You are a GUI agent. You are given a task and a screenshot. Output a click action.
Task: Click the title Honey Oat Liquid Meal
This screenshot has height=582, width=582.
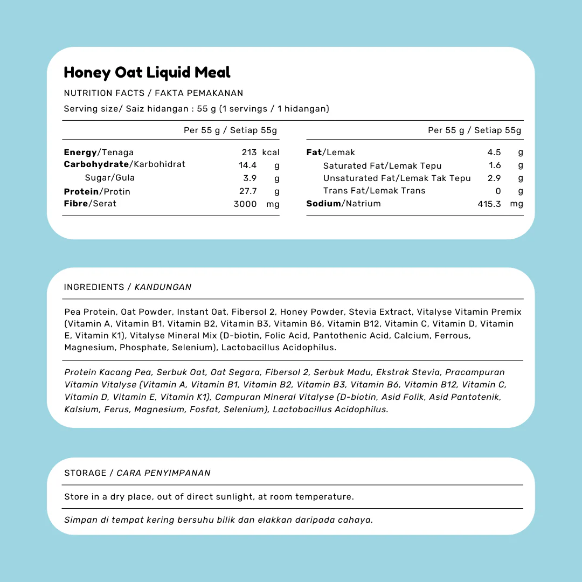point(147,73)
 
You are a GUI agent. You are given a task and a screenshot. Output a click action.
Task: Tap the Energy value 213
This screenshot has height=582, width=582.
point(249,153)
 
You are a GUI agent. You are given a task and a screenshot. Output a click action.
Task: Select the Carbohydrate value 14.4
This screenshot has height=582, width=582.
point(248,165)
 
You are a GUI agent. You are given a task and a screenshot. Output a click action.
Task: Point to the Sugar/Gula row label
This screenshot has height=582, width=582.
point(110,178)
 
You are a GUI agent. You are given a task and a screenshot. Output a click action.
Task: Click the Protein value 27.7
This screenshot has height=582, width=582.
point(248,191)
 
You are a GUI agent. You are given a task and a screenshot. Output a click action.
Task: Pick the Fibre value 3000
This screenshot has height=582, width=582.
point(245,204)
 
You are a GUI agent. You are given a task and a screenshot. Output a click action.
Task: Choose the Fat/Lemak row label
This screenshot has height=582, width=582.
point(331,153)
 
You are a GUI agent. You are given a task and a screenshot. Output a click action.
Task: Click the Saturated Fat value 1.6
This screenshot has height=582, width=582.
point(495,165)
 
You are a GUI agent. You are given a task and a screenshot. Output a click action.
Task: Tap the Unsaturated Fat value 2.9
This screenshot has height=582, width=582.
point(494,178)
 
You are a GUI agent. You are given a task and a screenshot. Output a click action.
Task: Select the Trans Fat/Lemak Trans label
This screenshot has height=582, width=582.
point(374,191)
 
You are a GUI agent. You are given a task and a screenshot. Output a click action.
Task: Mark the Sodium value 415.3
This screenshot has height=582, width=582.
point(489,204)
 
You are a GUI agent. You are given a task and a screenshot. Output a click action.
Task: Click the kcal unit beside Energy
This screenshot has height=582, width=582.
point(271,153)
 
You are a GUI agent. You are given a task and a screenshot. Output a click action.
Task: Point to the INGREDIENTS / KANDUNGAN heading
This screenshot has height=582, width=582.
point(128,287)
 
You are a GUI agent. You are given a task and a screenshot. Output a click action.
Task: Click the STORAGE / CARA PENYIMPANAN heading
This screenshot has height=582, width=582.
point(137,473)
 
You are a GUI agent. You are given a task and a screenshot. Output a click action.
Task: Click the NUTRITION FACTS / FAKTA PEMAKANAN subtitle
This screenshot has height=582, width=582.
point(154,93)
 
